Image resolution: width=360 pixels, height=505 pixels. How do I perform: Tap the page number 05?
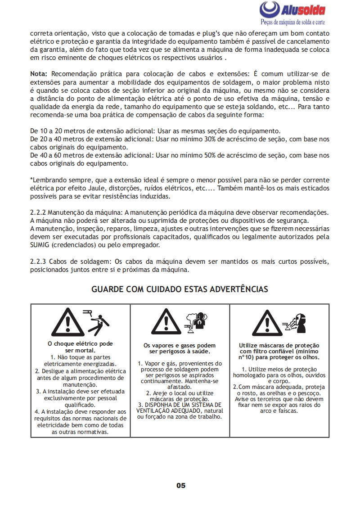coord(180,485)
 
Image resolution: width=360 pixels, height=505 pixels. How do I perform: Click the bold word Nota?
coord(40,73)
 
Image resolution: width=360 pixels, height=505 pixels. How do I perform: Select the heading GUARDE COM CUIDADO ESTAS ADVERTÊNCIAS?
coord(180,289)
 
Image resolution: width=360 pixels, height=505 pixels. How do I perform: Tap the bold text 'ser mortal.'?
coord(80,350)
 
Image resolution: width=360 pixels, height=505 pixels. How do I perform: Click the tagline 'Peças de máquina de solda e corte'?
coord(293,22)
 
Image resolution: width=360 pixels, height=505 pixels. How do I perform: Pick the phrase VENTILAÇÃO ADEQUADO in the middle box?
coord(171,411)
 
